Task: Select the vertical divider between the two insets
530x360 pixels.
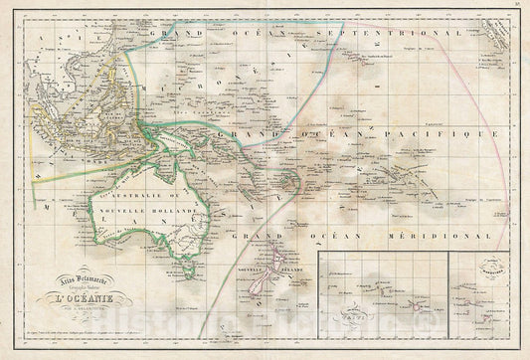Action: point(446,298)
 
